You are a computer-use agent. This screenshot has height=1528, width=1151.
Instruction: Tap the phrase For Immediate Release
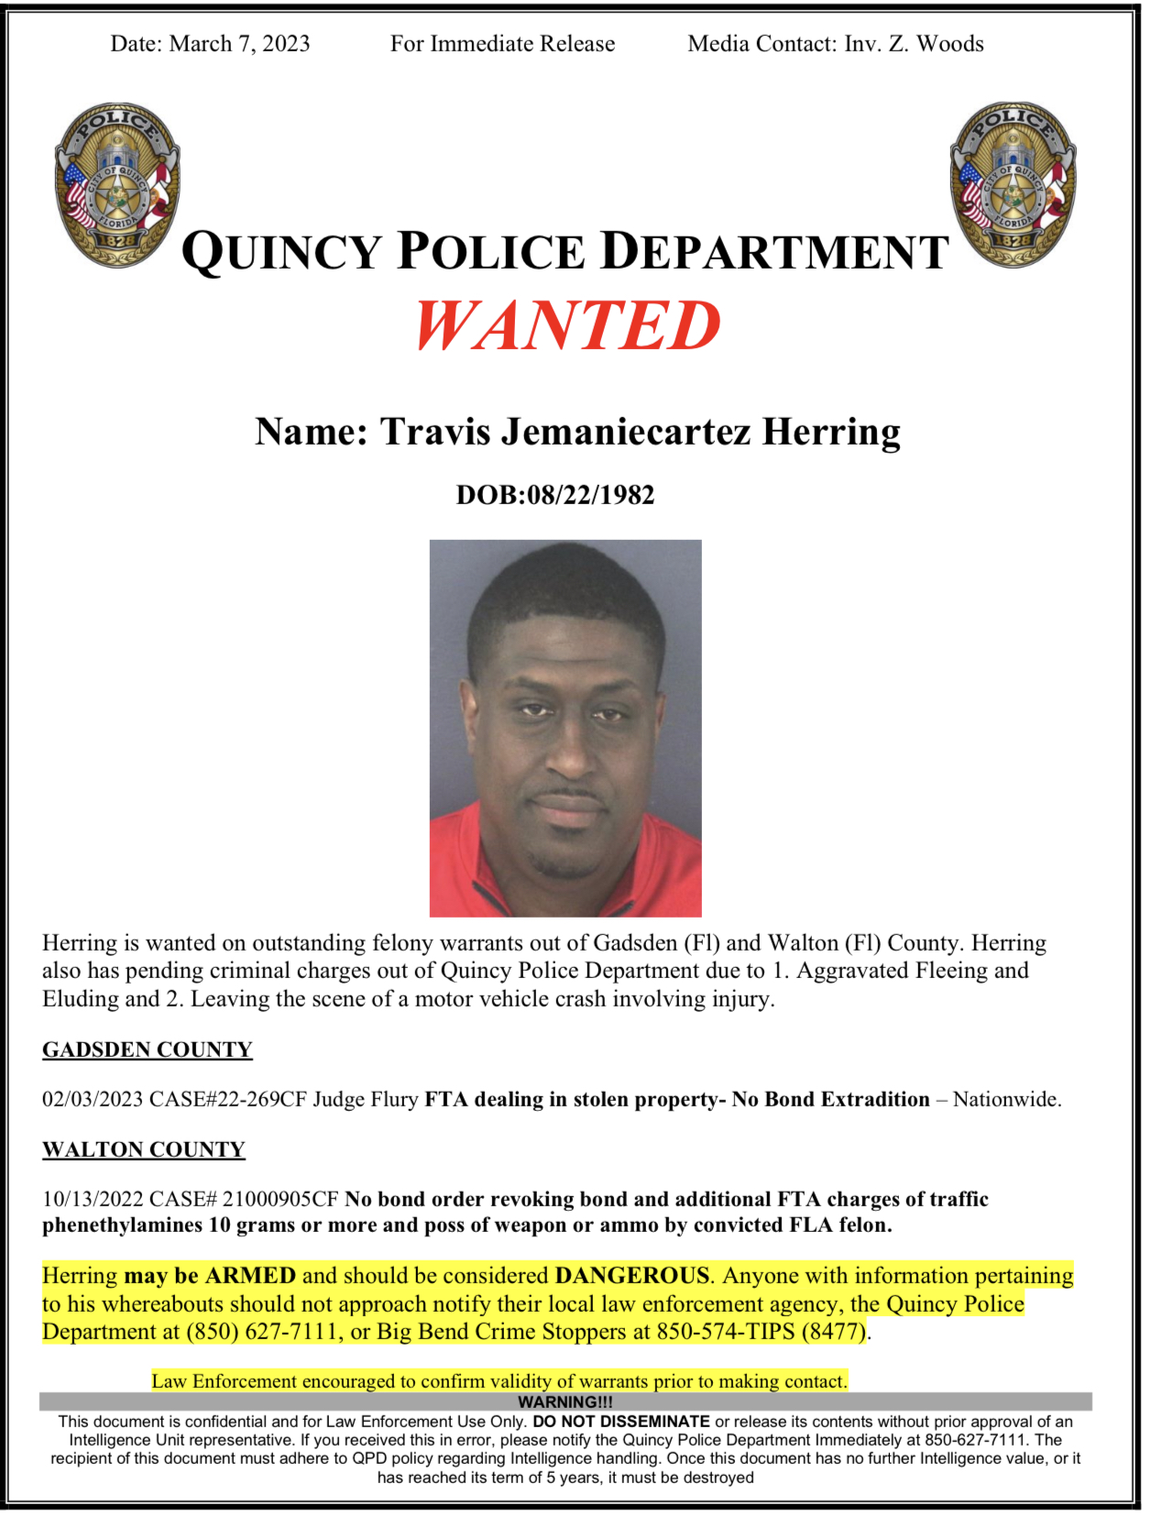point(502,44)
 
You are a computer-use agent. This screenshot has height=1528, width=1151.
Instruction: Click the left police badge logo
point(117,185)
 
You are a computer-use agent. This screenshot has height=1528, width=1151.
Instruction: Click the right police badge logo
point(1013,185)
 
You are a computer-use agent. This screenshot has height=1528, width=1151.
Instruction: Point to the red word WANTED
point(567,326)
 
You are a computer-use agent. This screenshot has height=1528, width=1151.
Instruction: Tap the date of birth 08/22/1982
point(591,495)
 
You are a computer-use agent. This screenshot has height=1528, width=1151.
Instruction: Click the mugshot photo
point(565,728)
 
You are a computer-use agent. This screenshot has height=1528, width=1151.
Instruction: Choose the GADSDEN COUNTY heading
point(147,1050)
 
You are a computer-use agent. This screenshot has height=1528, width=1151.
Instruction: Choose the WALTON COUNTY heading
point(144,1149)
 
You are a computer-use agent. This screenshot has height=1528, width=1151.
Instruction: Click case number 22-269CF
point(259,1100)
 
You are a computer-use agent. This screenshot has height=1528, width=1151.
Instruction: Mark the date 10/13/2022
point(93,1200)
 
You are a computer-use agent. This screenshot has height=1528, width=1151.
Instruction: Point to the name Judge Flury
point(366,1100)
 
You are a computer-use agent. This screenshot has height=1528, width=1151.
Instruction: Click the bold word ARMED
point(250,1276)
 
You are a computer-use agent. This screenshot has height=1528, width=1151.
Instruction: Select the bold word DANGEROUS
point(632,1276)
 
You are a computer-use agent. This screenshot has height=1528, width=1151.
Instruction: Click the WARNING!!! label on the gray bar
point(565,1402)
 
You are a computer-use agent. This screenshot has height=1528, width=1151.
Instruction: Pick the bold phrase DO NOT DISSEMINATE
point(621,1422)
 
